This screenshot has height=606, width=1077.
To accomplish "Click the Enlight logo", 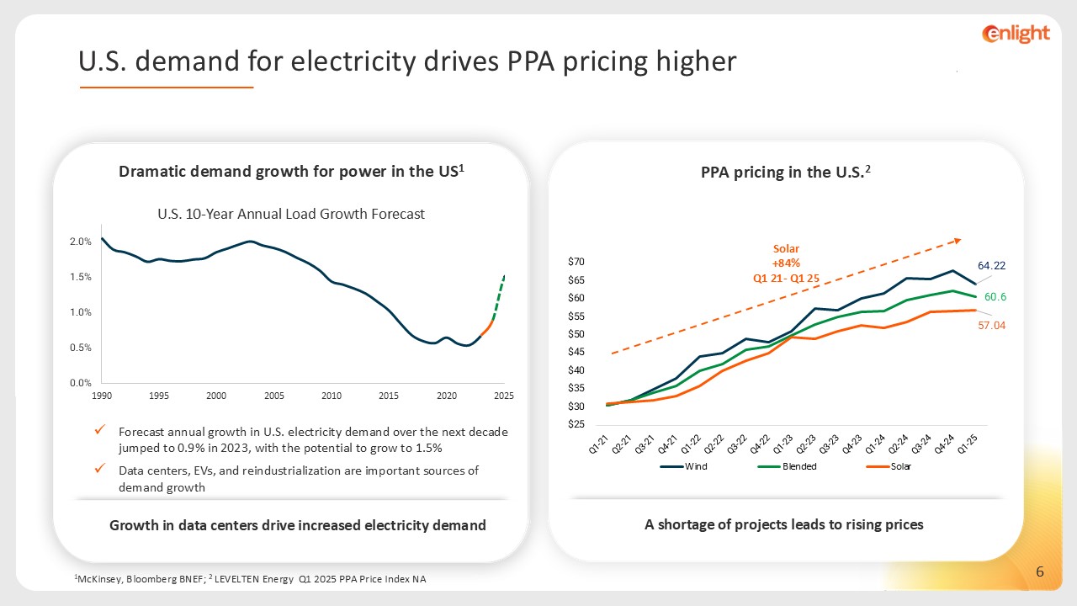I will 1016,34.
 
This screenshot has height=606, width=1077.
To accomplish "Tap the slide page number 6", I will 1040,573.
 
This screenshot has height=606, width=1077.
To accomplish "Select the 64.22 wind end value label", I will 992,265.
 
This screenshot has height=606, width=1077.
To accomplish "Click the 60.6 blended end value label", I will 995,297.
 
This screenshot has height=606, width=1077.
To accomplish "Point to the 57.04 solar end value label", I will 992,324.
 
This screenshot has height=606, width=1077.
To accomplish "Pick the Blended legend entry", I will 798,466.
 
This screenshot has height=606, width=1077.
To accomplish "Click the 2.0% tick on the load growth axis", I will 81,242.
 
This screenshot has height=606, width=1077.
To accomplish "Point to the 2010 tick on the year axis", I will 332,396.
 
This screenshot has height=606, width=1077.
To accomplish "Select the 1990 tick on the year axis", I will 101,396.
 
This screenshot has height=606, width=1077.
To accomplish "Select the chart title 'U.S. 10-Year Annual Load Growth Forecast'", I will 291,214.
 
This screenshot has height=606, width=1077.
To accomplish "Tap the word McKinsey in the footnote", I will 98,579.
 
